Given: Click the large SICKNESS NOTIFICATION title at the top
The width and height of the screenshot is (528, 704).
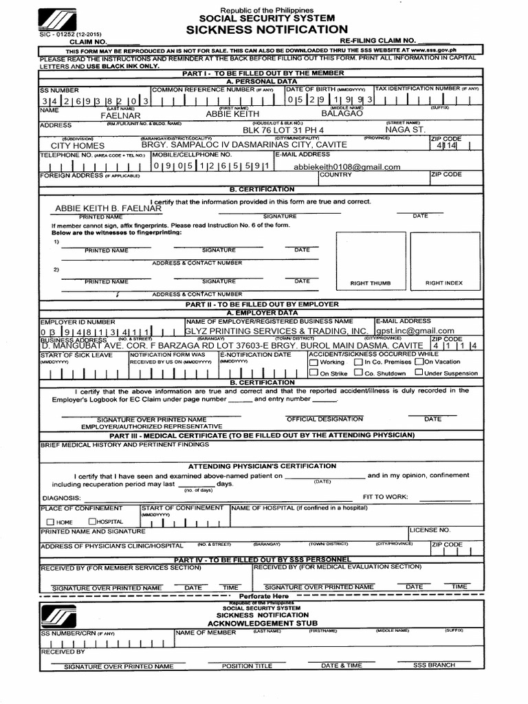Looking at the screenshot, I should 266,30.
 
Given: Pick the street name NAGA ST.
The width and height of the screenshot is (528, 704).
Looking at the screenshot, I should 405,129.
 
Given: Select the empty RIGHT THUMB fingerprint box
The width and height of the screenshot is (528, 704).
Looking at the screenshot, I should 370,257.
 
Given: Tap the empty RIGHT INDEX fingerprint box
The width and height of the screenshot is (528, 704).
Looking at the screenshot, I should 443,257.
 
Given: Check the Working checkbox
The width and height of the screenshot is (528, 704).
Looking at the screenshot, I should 313,362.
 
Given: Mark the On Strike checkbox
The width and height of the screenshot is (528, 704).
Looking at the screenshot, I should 313,373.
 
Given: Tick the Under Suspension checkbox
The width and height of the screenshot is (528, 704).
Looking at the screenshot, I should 419,373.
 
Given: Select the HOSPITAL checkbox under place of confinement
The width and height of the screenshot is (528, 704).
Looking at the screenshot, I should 92,522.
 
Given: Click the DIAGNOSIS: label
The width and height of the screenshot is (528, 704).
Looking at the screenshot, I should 62,498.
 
